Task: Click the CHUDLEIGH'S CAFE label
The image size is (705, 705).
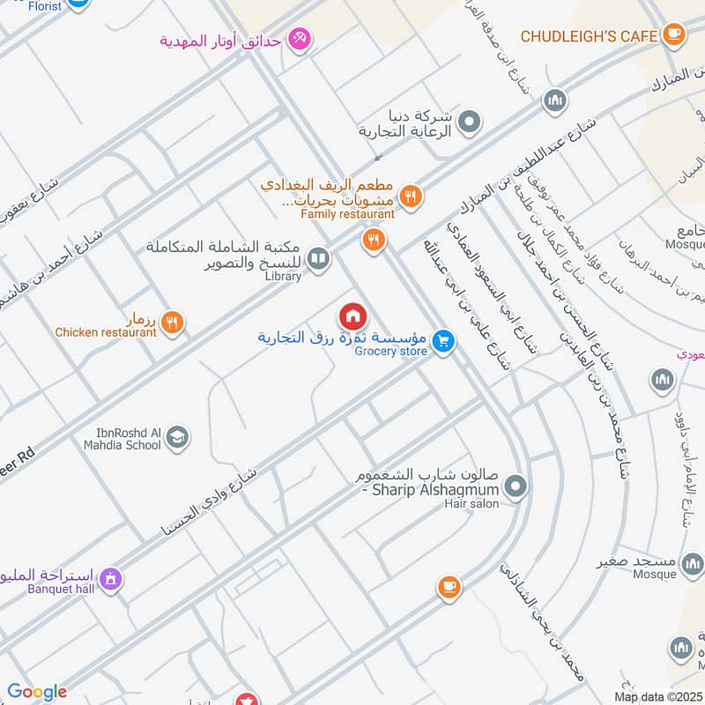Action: click(589, 36)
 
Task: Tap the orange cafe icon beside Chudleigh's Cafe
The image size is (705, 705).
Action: click(674, 35)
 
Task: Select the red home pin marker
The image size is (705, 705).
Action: click(352, 316)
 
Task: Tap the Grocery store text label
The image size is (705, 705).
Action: click(390, 352)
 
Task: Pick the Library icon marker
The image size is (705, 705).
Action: click(319, 258)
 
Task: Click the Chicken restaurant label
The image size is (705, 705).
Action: click(106, 332)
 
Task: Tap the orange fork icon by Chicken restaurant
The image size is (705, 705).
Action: click(173, 323)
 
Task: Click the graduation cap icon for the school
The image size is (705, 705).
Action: click(178, 438)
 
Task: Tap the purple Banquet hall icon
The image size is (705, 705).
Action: click(110, 579)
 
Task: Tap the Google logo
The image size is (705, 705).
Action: click(37, 692)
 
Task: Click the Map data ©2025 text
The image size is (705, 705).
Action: click(657, 697)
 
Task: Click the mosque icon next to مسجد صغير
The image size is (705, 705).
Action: click(694, 563)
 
